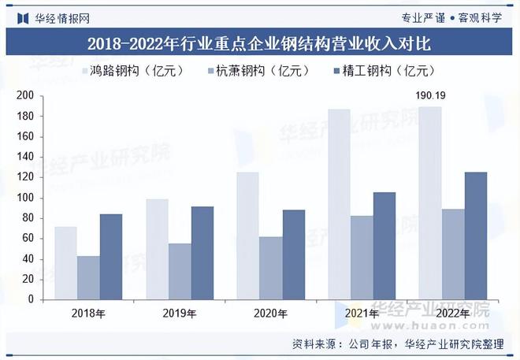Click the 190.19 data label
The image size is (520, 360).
click(x=430, y=97)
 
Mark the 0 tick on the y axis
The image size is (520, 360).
click(x=30, y=299)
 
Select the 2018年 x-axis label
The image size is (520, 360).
click(x=88, y=314)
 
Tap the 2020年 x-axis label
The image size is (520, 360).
click(x=271, y=314)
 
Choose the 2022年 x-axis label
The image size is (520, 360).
click(x=453, y=314)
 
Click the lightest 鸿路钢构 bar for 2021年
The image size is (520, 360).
click(x=339, y=205)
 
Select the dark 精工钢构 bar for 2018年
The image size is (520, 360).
click(x=111, y=257)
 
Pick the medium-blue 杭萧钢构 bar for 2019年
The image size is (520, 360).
click(x=180, y=271)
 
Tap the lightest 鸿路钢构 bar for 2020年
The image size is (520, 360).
click(x=247, y=236)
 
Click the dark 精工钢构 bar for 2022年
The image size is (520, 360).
click(x=476, y=236)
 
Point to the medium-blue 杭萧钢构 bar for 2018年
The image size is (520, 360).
click(x=88, y=277)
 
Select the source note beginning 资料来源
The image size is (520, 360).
click(x=403, y=344)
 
